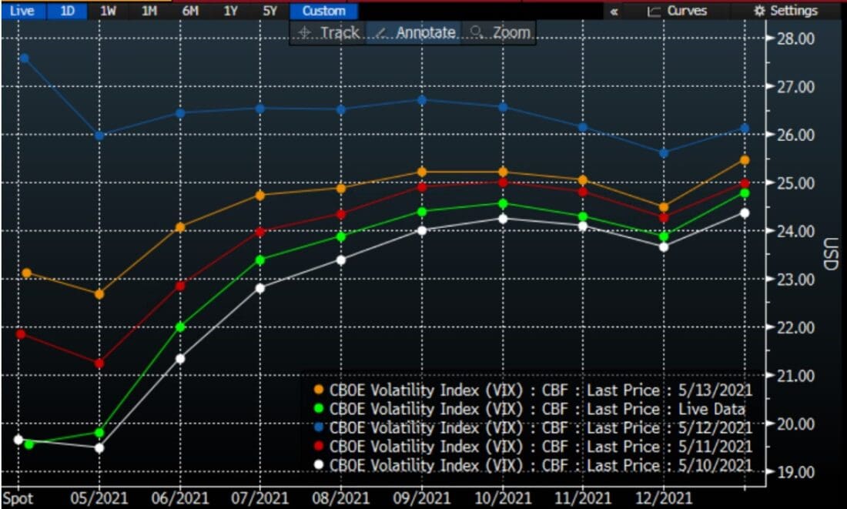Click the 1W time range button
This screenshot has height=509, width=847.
point(108,11)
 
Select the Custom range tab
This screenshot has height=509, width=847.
point(323,11)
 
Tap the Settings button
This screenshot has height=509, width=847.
point(786,11)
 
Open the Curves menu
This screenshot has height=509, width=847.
point(677,11)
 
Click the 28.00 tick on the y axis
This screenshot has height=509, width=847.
point(794,39)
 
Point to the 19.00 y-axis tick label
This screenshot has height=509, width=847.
point(794,471)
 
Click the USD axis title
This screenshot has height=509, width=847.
point(829,255)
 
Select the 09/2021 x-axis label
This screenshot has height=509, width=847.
point(422,497)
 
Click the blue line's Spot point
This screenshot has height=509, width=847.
point(24,58)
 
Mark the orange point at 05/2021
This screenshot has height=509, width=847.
point(99,294)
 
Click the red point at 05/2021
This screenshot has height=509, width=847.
point(99,363)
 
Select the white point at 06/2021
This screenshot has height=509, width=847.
point(180,358)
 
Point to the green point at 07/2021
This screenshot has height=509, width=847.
point(260,260)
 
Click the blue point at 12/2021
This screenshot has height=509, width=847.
point(664,152)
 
